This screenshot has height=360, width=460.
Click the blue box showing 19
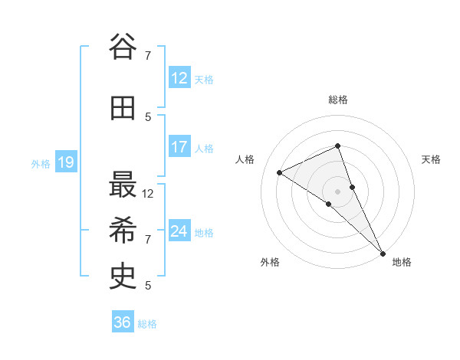coord(65,162)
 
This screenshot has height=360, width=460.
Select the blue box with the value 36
coord(123,322)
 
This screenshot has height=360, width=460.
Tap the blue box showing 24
coord(179,231)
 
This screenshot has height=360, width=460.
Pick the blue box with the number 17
coord(179,147)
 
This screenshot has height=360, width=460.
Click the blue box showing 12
coord(179,78)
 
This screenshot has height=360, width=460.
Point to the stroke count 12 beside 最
coord(148,194)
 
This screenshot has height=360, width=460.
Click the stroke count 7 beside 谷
coord(148,55)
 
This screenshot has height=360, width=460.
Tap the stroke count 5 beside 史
coord(148,286)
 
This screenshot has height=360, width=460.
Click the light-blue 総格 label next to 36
coord(147,324)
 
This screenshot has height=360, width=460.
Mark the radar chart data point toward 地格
coord(383,253)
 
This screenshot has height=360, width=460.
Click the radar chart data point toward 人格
coord(280,172)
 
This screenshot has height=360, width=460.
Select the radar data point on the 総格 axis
coord(337,146)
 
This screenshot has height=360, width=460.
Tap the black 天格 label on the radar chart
coord(432,159)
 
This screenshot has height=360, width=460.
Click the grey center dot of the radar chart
coord(337,191)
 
